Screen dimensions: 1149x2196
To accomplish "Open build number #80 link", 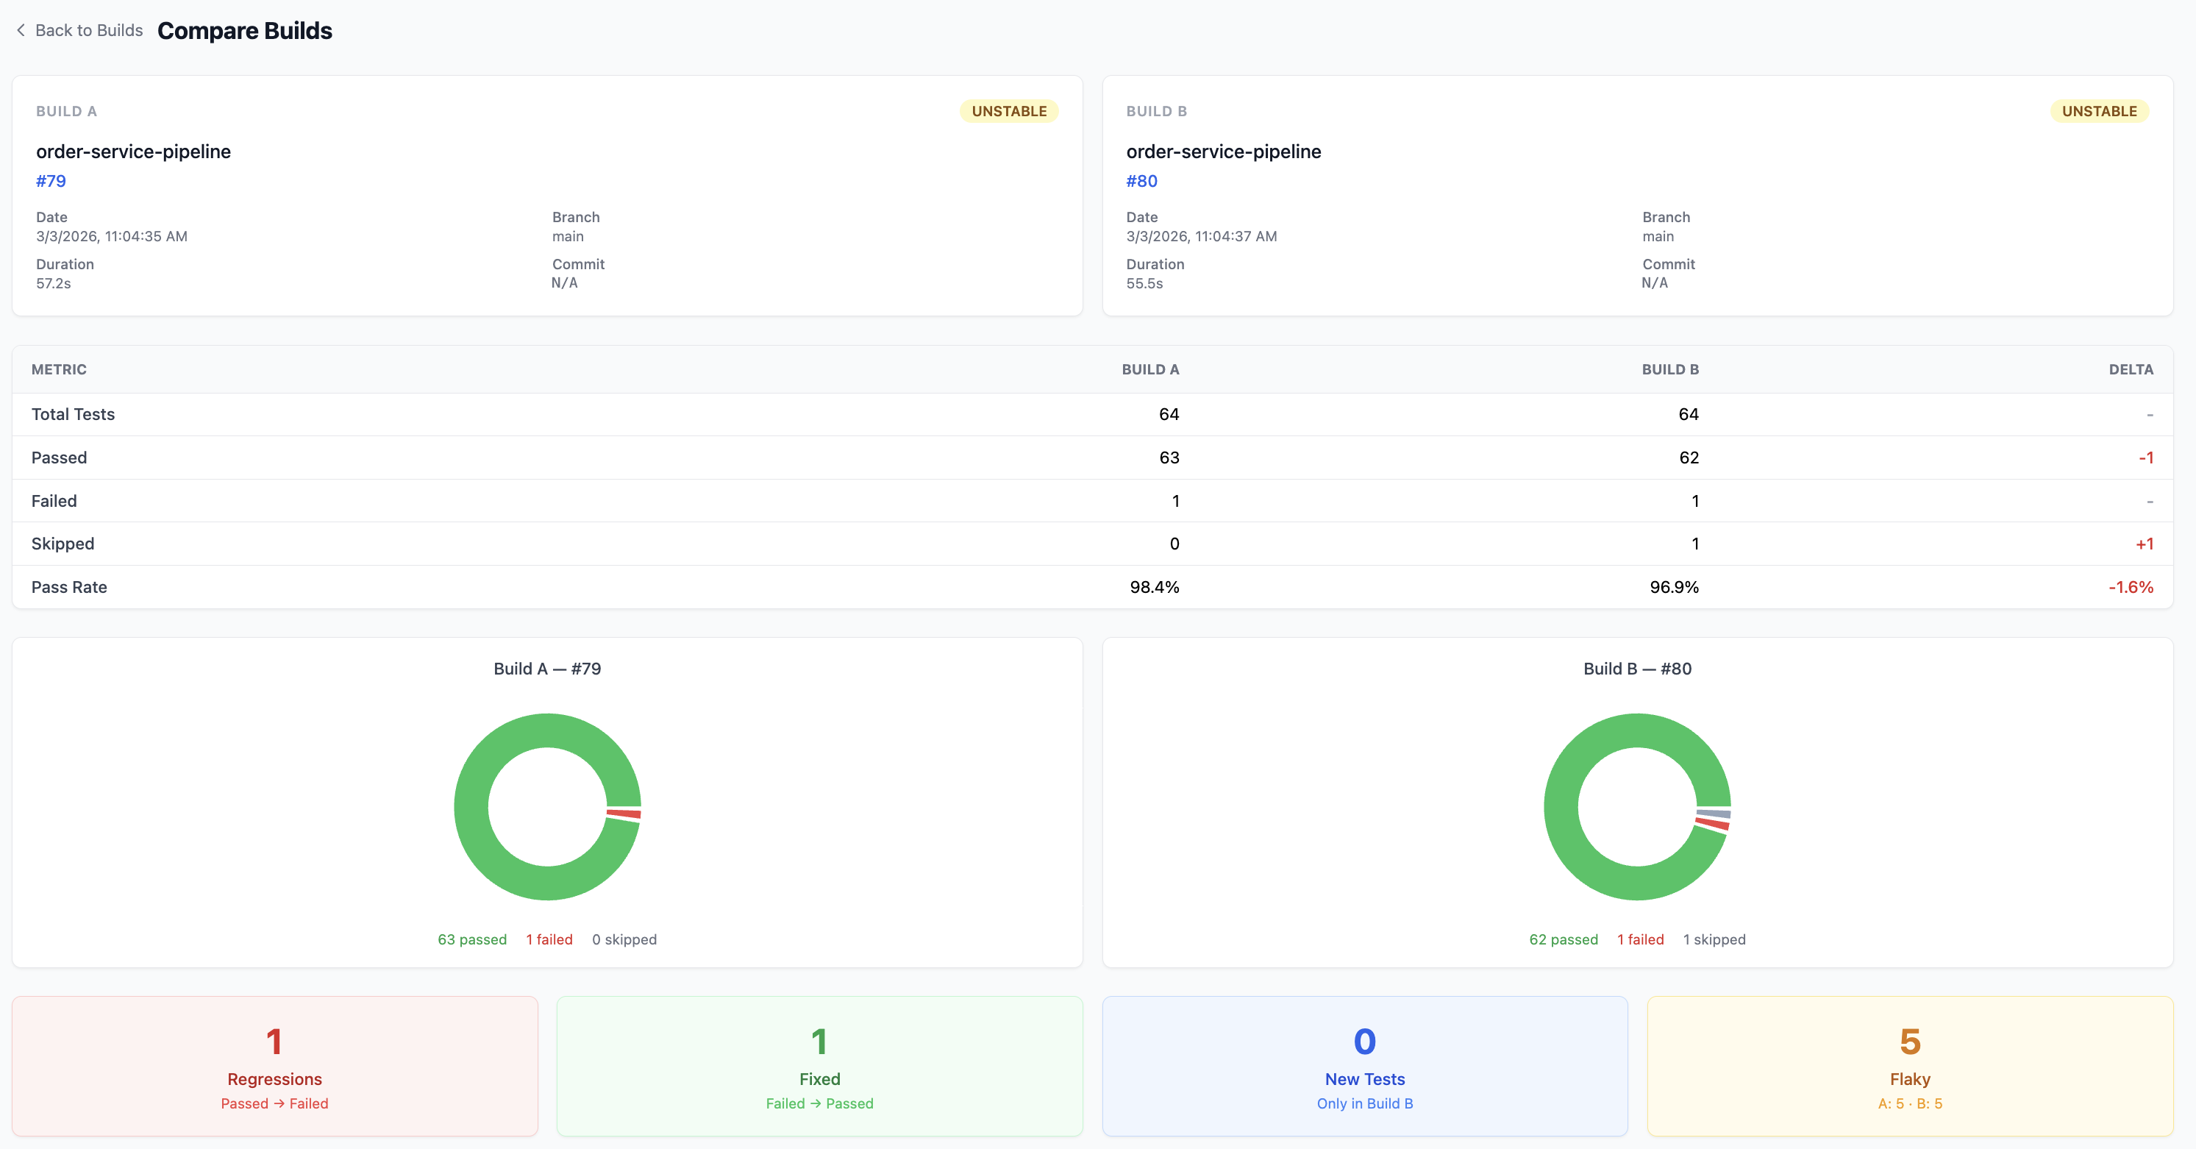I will click(x=1141, y=181).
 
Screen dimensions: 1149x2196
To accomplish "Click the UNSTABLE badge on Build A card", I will click(x=1008, y=111).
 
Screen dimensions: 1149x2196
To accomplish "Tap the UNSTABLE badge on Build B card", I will click(x=2099, y=111).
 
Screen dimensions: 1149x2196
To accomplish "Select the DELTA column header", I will click(x=2131, y=369).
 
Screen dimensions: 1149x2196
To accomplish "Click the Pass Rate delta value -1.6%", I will click(x=2131, y=587).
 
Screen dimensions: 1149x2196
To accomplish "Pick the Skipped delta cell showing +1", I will click(x=2144, y=544).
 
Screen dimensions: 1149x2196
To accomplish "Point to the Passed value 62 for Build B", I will click(x=1688, y=458).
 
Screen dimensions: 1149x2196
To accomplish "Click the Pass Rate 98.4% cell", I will click(x=1155, y=587).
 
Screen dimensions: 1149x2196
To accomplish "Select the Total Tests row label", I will click(x=74, y=414).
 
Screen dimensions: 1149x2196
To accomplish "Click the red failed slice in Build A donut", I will click(x=624, y=814).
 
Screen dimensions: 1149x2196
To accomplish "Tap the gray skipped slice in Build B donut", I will click(x=1714, y=814).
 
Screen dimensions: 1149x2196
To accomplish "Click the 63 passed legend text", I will click(x=472, y=939).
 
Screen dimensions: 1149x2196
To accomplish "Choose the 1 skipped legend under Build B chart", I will click(x=1714, y=939).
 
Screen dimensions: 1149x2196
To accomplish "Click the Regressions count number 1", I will click(x=274, y=1042).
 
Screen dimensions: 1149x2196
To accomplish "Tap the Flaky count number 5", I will click(x=1910, y=1042).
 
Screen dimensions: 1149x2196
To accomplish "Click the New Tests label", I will click(x=1364, y=1079).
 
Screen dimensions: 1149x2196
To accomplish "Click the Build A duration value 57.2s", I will click(x=54, y=283).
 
